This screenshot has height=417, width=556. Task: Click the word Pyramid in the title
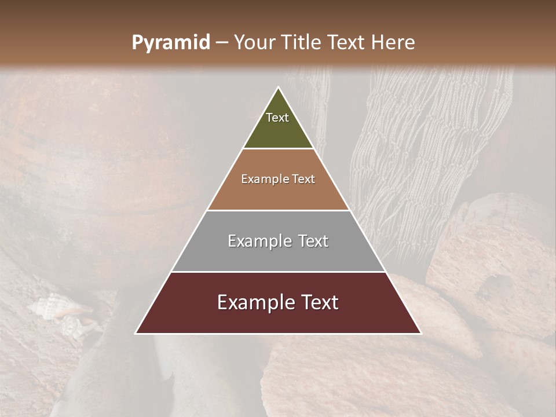171,43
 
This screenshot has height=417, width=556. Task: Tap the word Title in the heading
303,43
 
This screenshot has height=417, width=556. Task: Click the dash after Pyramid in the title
222,43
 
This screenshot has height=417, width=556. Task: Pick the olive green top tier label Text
277,118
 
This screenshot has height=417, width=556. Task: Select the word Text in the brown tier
304,179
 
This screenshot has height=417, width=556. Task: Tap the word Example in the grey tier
260,241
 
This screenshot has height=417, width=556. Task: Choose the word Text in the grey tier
313,241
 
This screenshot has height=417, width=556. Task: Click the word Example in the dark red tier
255,302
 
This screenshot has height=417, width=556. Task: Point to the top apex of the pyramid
279,88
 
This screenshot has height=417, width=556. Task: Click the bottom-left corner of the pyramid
136,333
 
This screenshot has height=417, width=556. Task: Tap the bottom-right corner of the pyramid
420,333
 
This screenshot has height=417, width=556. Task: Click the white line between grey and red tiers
279,272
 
